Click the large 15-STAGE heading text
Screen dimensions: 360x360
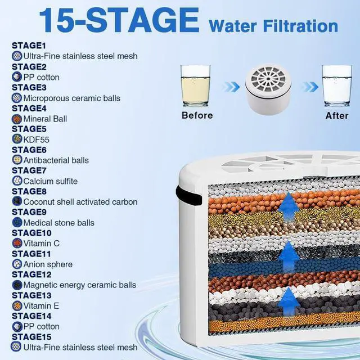pos(119,20)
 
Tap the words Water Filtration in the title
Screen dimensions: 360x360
pos(273,26)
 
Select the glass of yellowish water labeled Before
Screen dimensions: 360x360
pos(195,86)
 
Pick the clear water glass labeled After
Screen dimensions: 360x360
pos(336,86)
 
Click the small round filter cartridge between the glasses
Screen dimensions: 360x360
pos(268,89)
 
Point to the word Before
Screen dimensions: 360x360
pos(197,115)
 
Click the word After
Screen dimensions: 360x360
pos(337,115)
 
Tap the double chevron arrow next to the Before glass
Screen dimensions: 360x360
pos(231,87)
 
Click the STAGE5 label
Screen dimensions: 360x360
pos(29,129)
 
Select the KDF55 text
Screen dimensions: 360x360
pos(36,139)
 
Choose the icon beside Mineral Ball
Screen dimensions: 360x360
pos(17,119)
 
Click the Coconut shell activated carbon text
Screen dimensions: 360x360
pos(80,202)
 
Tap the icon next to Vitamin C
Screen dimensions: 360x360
pos(17,243)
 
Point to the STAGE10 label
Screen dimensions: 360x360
pos(31,233)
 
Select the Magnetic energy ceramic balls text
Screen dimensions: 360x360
pos(80,285)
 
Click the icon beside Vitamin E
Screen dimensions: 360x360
pos(17,305)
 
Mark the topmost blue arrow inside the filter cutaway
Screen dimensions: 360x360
pos(289,206)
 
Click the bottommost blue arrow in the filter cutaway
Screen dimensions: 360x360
pos(289,301)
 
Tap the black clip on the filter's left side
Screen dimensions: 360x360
pos(189,195)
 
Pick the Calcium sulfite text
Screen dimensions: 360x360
pos(51,181)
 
